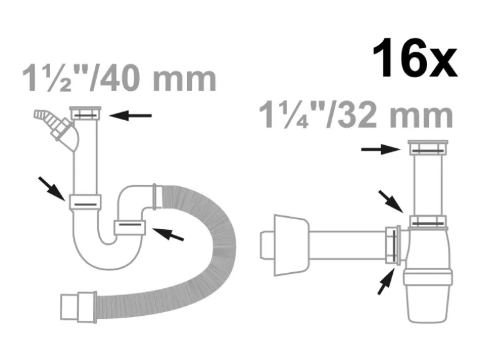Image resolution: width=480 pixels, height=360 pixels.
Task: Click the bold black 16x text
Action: click(415, 58)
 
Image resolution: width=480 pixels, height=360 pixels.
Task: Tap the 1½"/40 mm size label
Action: click(120, 78)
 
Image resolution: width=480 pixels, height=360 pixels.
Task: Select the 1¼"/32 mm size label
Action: click(356, 115)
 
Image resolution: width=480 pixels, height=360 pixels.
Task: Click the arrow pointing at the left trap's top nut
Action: click(130, 116)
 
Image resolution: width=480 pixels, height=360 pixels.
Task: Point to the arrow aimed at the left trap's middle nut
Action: click(51, 189)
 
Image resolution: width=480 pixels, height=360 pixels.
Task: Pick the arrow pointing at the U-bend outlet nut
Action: click(168, 234)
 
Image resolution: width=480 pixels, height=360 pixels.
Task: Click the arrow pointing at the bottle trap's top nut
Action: click(381, 149)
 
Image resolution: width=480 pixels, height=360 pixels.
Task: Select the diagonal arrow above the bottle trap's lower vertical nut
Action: click(391, 201)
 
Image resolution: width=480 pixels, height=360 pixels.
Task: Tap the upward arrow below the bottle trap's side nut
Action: click(386, 282)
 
